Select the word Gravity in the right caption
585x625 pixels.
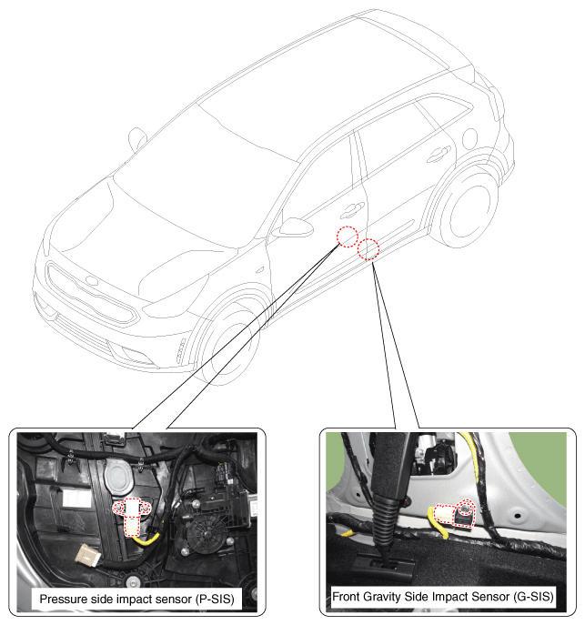tap(382, 597)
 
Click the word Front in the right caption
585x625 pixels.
tap(347, 597)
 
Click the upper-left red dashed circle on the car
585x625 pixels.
tap(348, 237)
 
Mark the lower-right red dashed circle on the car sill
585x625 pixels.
tap(368, 249)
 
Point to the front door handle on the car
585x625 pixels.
tap(352, 209)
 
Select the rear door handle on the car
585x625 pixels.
tap(439, 154)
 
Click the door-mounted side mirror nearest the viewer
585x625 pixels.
tap(295, 227)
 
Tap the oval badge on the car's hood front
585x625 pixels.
tap(92, 280)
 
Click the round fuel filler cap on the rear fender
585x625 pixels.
tap(470, 138)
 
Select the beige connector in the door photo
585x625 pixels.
tap(88, 555)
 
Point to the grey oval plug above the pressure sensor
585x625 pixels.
tap(118, 477)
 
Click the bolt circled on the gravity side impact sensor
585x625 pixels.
tap(464, 509)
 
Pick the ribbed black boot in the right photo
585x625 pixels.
tap(385, 521)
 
